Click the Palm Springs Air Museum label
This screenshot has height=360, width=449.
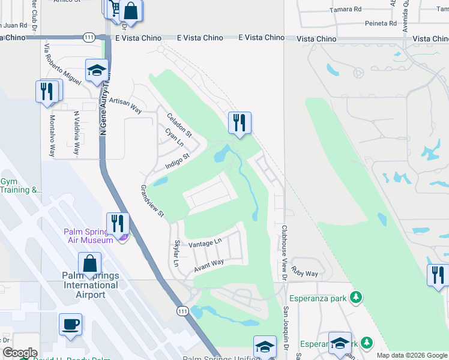[x=89, y=236]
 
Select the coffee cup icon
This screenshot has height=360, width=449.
[x=70, y=325]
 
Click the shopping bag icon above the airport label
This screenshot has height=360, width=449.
[x=89, y=263]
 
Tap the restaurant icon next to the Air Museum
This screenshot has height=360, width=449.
[x=118, y=224]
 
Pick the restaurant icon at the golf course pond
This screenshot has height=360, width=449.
[x=240, y=122]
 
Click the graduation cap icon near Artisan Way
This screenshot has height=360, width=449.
[x=96, y=70]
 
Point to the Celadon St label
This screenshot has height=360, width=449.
[x=179, y=125]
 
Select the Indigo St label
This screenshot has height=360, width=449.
[x=178, y=160]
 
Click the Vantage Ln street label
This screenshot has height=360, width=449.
[x=205, y=243]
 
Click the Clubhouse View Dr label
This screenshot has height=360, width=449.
[x=284, y=253]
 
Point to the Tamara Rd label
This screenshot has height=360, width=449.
[x=346, y=10]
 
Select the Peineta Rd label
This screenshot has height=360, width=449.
[x=381, y=23]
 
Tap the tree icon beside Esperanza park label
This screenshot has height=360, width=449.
[x=356, y=297]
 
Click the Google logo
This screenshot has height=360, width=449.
[x=20, y=353]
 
